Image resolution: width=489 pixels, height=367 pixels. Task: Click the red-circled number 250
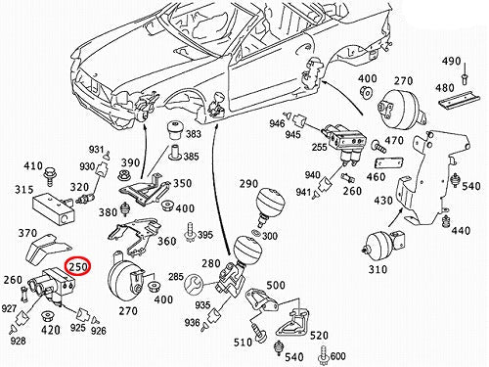(77, 267)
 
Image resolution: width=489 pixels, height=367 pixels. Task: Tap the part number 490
(452, 61)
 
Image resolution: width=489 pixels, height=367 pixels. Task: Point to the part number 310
(378, 269)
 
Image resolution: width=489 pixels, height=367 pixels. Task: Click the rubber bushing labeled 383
(175, 129)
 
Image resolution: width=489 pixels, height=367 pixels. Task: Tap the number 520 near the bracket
(319, 336)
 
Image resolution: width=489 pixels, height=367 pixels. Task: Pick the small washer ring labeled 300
(257, 233)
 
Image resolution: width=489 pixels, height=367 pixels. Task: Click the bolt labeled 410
(49, 176)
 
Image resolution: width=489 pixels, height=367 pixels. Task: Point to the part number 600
(337, 355)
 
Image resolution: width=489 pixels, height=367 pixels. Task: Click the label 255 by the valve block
(319, 148)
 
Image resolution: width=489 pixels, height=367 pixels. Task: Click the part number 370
(27, 233)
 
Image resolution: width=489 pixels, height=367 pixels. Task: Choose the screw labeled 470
(379, 146)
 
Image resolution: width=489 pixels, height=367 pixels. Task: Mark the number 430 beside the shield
(383, 200)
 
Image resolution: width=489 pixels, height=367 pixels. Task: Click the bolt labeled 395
(190, 232)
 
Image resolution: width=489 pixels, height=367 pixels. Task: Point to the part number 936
(192, 322)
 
